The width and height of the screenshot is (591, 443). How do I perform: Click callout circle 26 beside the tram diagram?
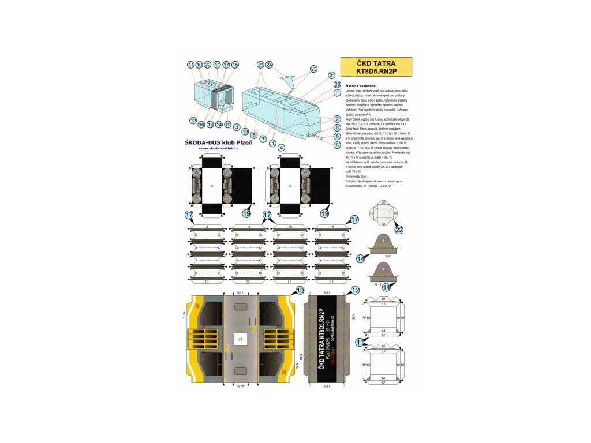click(337, 84)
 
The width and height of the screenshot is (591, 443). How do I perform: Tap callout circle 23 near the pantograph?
click(313, 69)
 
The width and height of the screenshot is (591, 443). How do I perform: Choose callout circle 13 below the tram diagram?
click(245, 131)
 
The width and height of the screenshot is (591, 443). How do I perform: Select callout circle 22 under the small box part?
click(399, 230)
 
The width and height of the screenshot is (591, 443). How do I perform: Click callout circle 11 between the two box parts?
click(361, 343)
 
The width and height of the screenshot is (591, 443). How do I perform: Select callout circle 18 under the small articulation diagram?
click(210, 124)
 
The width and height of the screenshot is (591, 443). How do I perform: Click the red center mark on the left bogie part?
click(212, 185)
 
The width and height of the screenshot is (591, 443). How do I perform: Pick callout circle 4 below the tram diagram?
click(281, 147)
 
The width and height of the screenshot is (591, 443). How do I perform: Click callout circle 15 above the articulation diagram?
click(235, 65)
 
